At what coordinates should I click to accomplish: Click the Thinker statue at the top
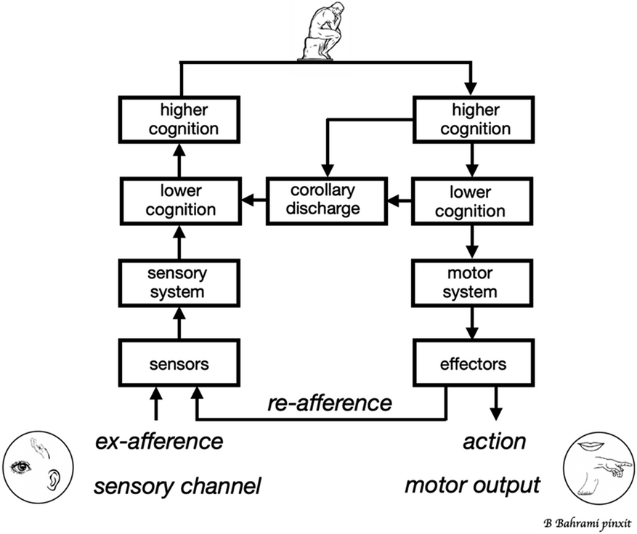[320, 31]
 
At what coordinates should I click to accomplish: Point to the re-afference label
[330, 403]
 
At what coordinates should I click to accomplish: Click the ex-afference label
[159, 441]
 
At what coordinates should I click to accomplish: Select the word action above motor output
[495, 441]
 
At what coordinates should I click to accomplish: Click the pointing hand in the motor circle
[614, 465]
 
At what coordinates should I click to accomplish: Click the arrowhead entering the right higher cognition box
[471, 88]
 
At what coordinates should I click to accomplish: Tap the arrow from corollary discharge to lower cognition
[254, 200]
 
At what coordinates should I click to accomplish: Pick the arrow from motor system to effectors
[471, 323]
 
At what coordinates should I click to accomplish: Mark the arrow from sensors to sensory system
[179, 323]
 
